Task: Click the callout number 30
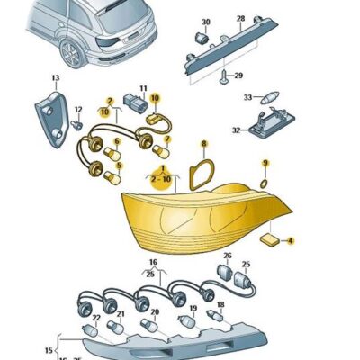pyautogui.click(x=206, y=22)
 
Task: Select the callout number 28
pyautogui.click(x=241, y=19)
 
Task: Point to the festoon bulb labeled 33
pyautogui.click(x=269, y=98)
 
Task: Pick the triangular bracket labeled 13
pyautogui.click(x=51, y=119)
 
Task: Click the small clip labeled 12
pyautogui.click(x=76, y=124)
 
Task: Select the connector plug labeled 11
pyautogui.click(x=135, y=103)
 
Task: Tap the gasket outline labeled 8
pyautogui.click(x=202, y=175)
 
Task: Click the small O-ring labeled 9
pyautogui.click(x=264, y=184)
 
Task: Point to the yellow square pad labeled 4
pyautogui.click(x=269, y=240)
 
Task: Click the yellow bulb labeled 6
pyautogui.click(x=112, y=154)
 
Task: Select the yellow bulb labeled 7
pyautogui.click(x=162, y=151)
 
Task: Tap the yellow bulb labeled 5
pyautogui.click(x=112, y=177)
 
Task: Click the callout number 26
pyautogui.click(x=228, y=256)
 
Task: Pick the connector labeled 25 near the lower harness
pyautogui.click(x=242, y=280)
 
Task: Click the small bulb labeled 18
pyautogui.click(x=214, y=316)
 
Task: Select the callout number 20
pyautogui.click(x=155, y=312)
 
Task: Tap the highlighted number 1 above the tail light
pyautogui.click(x=163, y=167)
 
